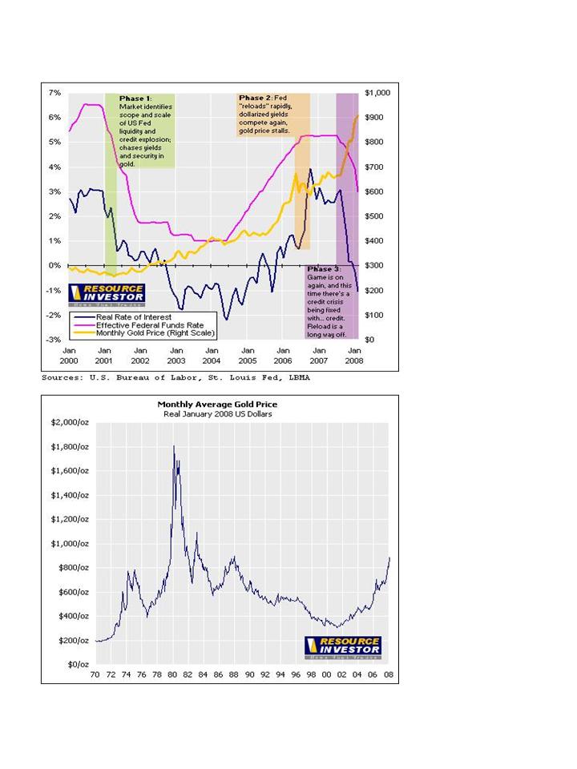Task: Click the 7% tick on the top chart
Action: (x=56, y=93)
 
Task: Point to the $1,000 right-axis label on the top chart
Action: (x=377, y=93)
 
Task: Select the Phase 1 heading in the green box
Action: (x=135, y=99)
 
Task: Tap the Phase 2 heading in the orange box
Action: (x=255, y=98)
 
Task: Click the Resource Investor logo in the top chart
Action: (x=107, y=294)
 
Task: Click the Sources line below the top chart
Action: (x=176, y=376)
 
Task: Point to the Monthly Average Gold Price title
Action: (x=217, y=405)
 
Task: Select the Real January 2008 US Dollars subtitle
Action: (x=217, y=414)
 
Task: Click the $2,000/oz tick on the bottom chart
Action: (x=70, y=422)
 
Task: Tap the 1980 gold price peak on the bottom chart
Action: (x=174, y=447)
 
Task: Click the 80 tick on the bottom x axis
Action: (x=172, y=675)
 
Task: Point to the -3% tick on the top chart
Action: (x=56, y=340)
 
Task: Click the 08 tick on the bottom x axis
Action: (x=388, y=675)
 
